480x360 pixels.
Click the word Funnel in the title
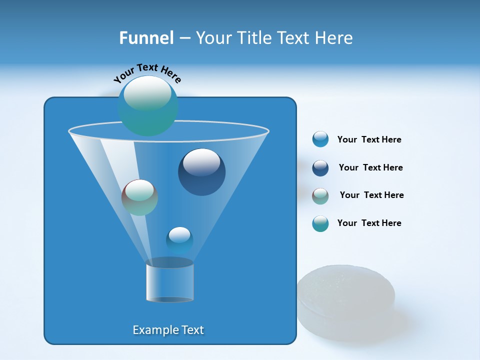146,37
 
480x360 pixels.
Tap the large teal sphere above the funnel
147,105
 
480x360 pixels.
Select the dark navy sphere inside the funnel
201,172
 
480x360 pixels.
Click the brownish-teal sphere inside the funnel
139,197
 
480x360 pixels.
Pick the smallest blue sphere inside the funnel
179,240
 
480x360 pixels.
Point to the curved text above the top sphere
147,73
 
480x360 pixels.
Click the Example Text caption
168,330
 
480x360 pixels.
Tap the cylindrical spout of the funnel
169,282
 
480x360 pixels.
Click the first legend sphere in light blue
320,139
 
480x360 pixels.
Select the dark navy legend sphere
320,168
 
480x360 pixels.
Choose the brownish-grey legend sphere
320,195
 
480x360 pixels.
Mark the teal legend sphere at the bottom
320,223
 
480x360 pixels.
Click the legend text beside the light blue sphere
369,140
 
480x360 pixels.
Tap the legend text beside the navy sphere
370,168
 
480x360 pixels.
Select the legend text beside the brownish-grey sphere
371,195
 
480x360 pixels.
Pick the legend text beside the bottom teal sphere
369,223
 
